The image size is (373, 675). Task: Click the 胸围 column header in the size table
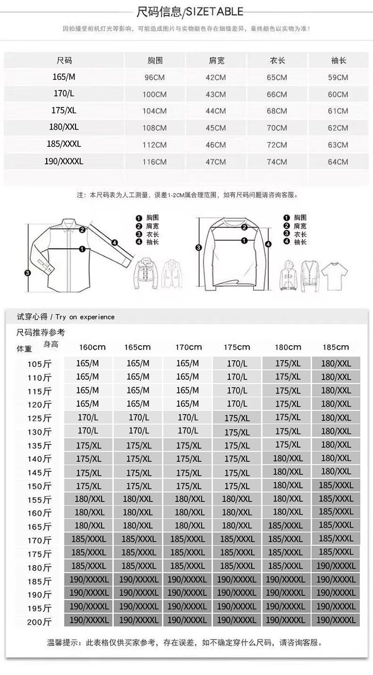tap(155, 61)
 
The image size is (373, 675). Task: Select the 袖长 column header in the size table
tap(338, 61)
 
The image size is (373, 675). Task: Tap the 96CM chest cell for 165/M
tap(155, 77)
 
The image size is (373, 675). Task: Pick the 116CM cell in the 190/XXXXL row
tap(155, 162)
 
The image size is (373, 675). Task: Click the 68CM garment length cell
tap(277, 111)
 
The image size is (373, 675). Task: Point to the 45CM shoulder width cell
tap(216, 128)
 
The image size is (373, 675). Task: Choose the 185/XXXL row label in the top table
tap(64, 144)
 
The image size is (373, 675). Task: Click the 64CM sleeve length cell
tap(338, 162)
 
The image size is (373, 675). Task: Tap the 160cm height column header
tap(93, 347)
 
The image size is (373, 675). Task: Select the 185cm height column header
tap(336, 347)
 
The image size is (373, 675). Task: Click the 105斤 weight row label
tap(39, 364)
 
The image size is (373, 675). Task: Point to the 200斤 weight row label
tap(39, 622)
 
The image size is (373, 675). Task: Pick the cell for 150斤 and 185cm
tap(336, 485)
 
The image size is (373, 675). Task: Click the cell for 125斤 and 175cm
tap(237, 418)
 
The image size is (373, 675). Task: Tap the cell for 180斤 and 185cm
tap(336, 566)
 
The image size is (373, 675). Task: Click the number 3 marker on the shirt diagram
tap(27, 273)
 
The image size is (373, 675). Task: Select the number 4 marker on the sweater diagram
tap(268, 244)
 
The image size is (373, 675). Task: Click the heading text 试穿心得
tap(32, 317)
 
